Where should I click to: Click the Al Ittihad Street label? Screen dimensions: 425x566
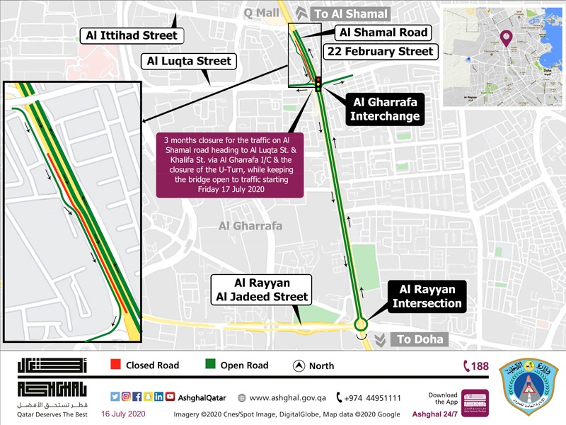(x=131, y=35)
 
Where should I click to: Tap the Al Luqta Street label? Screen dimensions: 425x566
(x=189, y=61)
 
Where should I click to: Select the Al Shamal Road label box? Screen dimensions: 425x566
(x=383, y=33)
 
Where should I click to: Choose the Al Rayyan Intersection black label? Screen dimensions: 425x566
(x=427, y=296)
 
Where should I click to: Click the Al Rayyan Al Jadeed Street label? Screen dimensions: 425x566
(x=262, y=289)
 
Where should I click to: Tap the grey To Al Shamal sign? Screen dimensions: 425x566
(x=342, y=13)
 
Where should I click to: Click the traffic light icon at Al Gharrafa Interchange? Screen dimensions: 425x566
(x=318, y=83)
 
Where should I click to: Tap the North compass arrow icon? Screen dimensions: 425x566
(x=299, y=366)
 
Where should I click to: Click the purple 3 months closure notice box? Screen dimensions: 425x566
(x=230, y=164)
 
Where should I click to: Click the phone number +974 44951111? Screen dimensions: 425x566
(x=369, y=398)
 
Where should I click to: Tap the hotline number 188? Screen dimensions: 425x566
(x=475, y=366)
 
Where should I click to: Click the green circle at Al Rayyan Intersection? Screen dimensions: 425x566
(x=361, y=324)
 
